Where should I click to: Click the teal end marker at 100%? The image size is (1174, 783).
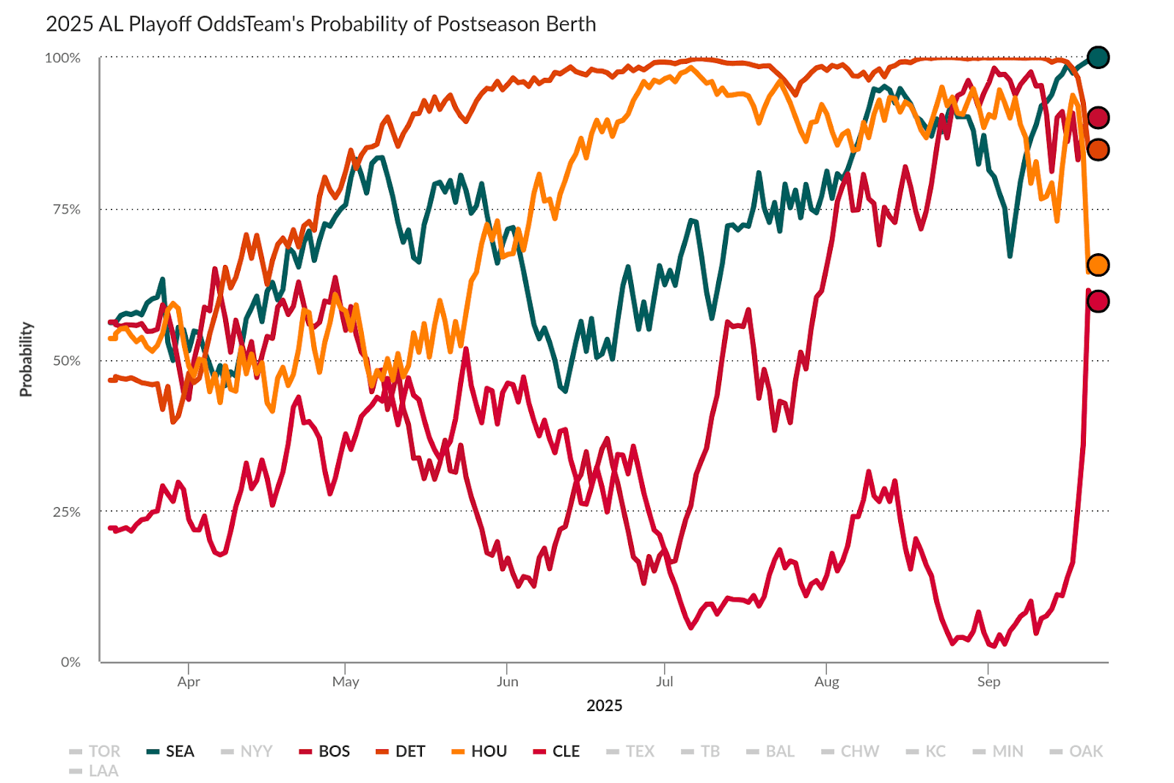(x=1098, y=57)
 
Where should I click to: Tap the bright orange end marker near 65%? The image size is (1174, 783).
(x=1098, y=265)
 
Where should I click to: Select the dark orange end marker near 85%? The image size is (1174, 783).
(x=1098, y=150)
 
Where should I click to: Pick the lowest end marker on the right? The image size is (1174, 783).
(x=1098, y=301)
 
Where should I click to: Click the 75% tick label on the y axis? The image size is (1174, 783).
(x=66, y=209)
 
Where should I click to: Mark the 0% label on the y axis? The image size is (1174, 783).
(x=70, y=662)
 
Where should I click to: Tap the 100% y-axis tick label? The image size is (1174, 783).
(x=62, y=58)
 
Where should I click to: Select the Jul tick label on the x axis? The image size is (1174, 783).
(x=664, y=682)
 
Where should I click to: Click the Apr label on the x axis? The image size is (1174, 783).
(x=189, y=682)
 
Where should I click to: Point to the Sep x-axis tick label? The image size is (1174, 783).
(x=988, y=682)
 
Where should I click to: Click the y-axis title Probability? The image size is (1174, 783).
(x=26, y=360)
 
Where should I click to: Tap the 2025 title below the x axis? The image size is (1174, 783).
(x=604, y=706)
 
